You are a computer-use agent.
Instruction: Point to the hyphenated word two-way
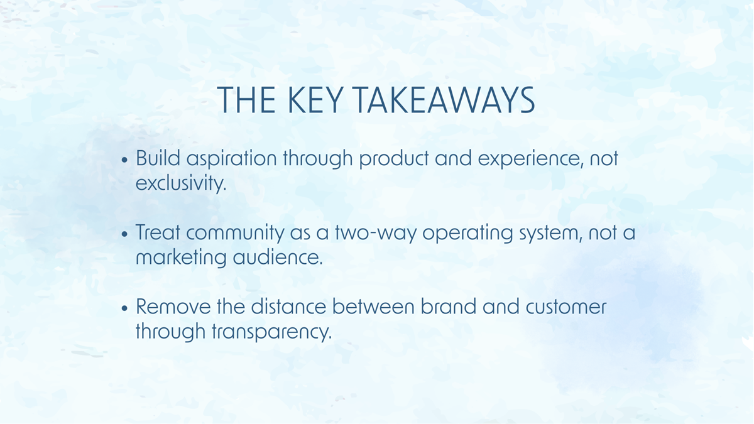click(x=366, y=233)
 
